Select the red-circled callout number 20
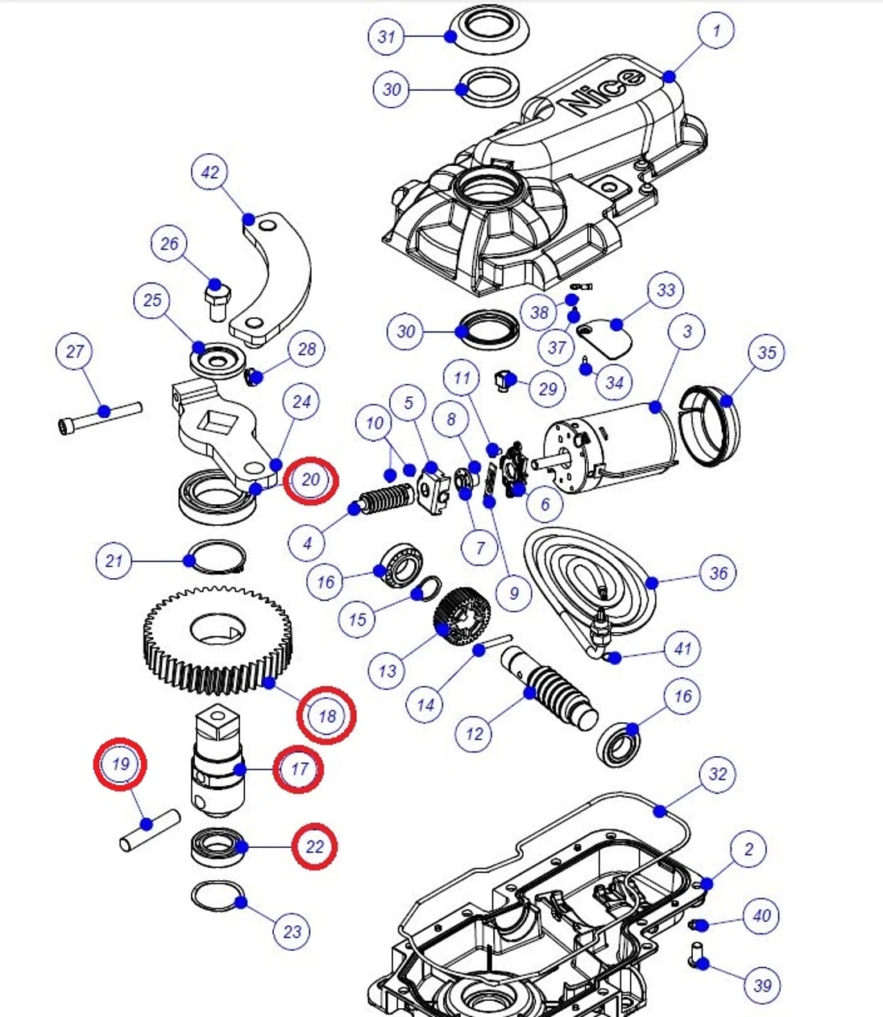310,480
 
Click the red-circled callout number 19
120,763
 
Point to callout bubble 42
209,173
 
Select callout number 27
75,352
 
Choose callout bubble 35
765,353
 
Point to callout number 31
388,37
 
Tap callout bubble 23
292,932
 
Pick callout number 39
762,984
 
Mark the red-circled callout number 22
314,846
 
